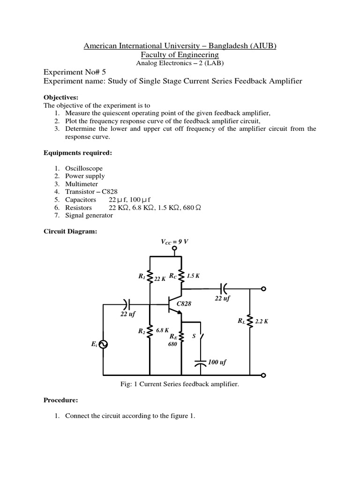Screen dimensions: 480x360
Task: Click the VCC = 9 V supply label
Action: tap(174, 242)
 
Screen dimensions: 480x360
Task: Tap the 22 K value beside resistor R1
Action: tap(160, 279)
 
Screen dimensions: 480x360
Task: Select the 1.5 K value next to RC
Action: tap(193, 276)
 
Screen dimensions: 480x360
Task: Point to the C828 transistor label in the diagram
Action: tap(184, 303)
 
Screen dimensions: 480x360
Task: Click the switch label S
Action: tap(194, 336)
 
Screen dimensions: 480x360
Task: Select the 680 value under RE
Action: tap(172, 344)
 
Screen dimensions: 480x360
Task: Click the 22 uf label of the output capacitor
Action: tap(223, 298)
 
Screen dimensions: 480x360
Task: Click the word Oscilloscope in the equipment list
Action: tap(84, 168)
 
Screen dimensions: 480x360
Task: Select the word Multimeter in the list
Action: tap(82, 184)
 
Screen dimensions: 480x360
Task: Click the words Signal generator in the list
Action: tap(89, 216)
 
